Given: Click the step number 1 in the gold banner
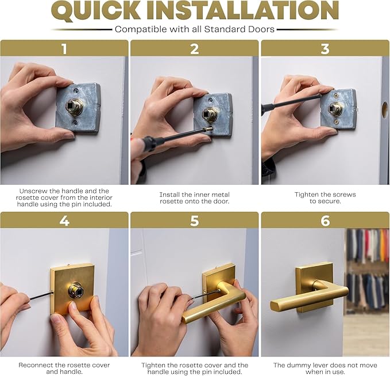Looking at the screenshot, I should [x=64, y=48].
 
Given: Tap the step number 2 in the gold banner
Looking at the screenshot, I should [x=195, y=48].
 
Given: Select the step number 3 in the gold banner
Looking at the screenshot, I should [x=325, y=48].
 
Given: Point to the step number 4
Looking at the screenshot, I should [x=64, y=220].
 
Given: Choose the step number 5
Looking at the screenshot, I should [x=195, y=220].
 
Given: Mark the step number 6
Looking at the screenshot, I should [x=325, y=220].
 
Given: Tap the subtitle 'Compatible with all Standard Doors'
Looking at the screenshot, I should [x=195, y=29].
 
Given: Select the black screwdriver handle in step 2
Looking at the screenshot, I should [x=146, y=143].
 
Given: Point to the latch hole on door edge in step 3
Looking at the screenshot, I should [x=384, y=109].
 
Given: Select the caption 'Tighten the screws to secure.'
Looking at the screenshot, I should [x=325, y=198].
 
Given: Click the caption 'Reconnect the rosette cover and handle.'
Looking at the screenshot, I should [x=64, y=369].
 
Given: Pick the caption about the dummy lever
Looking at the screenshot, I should [x=325, y=369].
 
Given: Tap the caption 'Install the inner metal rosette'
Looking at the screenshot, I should [x=195, y=198].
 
